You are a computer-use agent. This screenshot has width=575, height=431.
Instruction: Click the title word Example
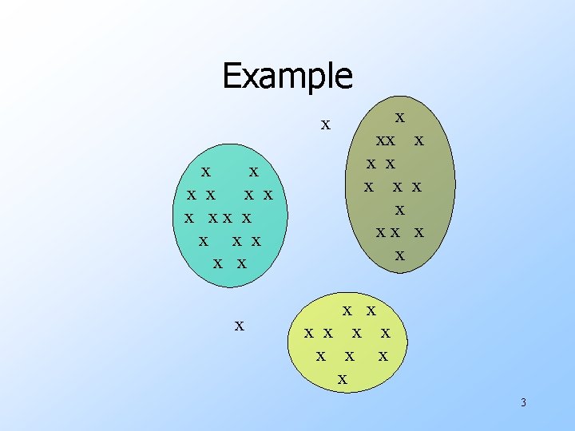tap(287, 76)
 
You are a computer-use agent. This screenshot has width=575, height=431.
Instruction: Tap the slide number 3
tap(523, 402)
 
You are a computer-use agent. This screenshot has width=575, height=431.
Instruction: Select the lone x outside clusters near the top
tap(325, 125)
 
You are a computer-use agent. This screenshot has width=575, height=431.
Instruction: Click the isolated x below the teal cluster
tap(239, 325)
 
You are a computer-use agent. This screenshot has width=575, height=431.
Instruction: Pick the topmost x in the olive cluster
tap(400, 117)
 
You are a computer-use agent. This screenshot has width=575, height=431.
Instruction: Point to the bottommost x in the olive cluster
tap(400, 255)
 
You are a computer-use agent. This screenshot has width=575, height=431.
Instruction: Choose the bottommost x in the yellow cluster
tap(343, 378)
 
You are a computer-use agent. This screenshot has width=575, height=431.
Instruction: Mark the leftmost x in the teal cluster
tap(189, 218)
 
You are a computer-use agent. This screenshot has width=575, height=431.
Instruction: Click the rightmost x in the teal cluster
tap(268, 195)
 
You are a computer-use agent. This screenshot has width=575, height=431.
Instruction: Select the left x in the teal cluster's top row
tap(206, 171)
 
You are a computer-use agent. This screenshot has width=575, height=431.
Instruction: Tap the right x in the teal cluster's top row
tap(253, 171)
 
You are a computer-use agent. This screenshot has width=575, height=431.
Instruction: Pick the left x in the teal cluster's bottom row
tap(218, 263)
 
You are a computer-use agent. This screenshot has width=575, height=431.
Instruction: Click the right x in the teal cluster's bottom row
tap(241, 263)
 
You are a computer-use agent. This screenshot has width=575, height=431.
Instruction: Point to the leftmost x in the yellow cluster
tap(309, 332)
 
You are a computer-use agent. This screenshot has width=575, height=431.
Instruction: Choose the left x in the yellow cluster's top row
tap(347, 310)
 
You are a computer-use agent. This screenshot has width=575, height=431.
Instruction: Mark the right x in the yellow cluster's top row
tap(371, 310)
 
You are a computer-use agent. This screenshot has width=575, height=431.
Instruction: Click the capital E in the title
tap(232, 76)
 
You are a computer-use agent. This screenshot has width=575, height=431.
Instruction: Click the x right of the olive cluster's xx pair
tap(418, 140)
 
